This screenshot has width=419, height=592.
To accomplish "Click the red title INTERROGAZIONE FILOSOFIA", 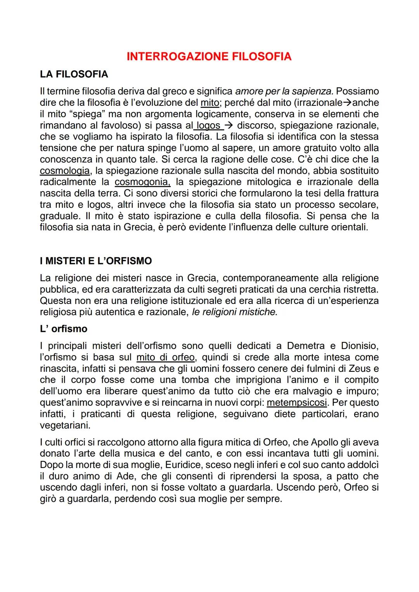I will click(x=209, y=57).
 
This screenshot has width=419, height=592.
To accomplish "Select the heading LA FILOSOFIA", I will click(x=74, y=74).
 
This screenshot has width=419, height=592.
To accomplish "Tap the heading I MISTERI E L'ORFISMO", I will click(x=96, y=261).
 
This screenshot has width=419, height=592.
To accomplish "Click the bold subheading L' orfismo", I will click(x=64, y=329).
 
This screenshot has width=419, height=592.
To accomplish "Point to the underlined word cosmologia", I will click(x=64, y=171).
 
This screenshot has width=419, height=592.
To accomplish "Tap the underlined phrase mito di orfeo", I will click(x=166, y=357).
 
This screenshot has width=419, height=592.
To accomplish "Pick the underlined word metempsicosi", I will click(x=297, y=402).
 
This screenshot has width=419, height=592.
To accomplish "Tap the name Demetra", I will click(x=305, y=345).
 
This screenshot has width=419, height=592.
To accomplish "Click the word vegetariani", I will click(x=65, y=425).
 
